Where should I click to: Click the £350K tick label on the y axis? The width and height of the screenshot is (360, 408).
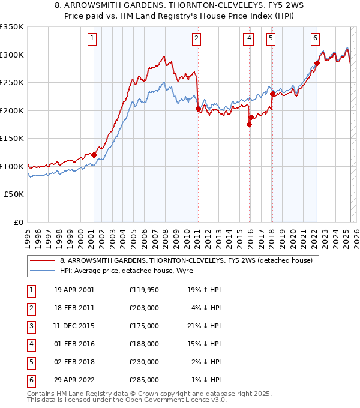click(x=12, y=27)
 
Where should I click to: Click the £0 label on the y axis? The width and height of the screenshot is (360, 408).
click(x=19, y=223)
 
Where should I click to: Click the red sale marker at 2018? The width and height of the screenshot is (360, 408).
click(x=272, y=94)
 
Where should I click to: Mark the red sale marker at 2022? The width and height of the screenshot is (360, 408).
click(x=317, y=63)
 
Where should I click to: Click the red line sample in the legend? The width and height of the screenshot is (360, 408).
click(x=42, y=261)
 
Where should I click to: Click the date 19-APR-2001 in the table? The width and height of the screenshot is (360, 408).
click(x=74, y=290)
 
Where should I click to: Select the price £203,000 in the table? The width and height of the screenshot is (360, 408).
click(x=144, y=308)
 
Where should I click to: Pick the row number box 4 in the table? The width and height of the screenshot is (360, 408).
click(x=30, y=344)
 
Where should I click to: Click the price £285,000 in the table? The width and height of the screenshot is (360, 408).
click(x=144, y=380)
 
